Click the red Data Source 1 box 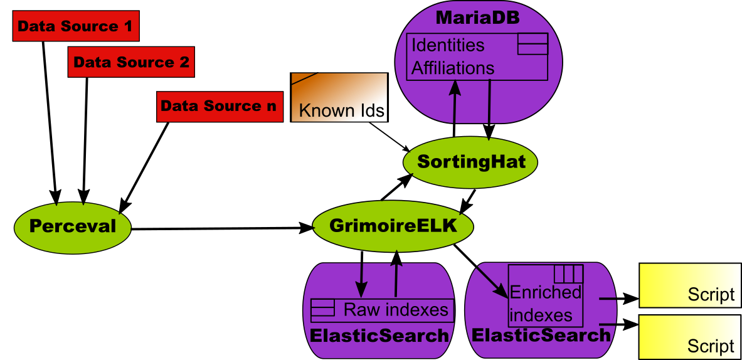[x=75, y=26]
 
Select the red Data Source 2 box [x=131, y=62]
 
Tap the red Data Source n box [x=219, y=106]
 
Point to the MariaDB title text [x=477, y=18]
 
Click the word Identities [x=448, y=46]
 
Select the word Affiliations [x=453, y=68]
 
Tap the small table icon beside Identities [x=533, y=45]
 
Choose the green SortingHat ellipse [x=470, y=162]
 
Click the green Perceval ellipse [x=73, y=226]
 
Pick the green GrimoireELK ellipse [x=393, y=226]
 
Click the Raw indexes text [x=396, y=310]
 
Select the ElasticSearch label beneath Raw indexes [x=379, y=336]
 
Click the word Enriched [x=546, y=293]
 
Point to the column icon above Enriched [x=569, y=274]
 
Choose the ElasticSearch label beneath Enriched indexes [x=541, y=336]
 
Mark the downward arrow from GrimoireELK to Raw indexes [x=361, y=280]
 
